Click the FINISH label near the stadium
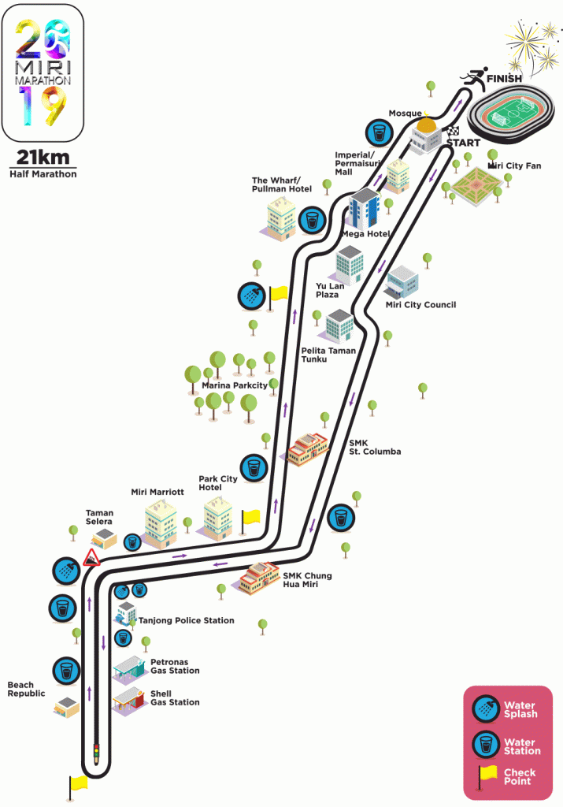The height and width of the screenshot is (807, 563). (504, 79)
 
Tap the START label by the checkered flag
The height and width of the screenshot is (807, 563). (463, 143)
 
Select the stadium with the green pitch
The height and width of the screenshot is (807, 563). (511, 115)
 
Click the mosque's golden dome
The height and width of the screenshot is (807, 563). (426, 125)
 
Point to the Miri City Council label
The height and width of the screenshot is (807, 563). (420, 305)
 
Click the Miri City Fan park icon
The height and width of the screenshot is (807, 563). (476, 186)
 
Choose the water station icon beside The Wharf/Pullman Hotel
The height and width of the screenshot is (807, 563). (312, 221)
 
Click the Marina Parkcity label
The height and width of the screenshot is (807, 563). (235, 385)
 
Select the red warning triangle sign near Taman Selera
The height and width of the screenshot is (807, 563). (91, 558)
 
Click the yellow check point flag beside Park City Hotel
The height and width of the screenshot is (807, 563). (250, 521)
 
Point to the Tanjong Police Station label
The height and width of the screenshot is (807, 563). (186, 621)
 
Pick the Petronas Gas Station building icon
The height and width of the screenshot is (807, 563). (128, 670)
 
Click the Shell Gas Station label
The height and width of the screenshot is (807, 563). (175, 698)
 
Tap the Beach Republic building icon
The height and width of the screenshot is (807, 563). (66, 707)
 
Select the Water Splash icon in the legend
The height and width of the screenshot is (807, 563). (486, 708)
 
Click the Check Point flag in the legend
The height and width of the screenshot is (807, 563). (487, 777)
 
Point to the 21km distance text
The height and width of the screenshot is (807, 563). (43, 157)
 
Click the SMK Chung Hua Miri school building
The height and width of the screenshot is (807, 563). (258, 578)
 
